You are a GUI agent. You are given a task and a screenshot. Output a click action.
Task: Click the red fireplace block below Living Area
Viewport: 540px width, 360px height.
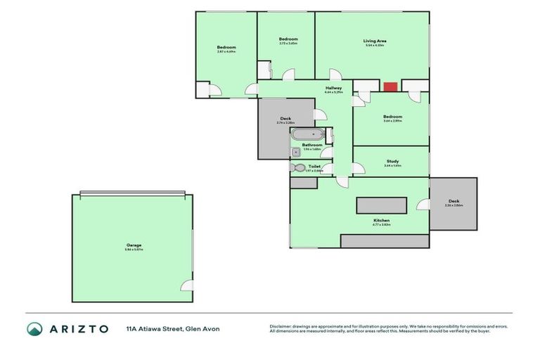(390, 86)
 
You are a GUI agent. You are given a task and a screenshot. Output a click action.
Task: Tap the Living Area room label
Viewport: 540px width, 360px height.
(375, 41)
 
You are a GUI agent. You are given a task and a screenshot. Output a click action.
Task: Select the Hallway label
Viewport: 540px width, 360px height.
(333, 88)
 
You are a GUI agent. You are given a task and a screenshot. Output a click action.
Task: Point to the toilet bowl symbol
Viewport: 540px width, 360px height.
(299, 168)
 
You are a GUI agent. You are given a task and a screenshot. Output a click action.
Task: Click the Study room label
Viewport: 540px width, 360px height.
(392, 162)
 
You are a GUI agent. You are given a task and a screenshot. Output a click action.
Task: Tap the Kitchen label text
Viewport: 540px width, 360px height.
(381, 221)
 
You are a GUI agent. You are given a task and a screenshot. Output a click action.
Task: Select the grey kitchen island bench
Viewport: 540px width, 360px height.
(381, 205)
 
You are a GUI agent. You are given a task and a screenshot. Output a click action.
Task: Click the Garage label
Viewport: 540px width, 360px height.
(133, 245)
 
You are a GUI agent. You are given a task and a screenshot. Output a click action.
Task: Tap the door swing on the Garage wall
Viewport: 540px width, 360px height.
(187, 285)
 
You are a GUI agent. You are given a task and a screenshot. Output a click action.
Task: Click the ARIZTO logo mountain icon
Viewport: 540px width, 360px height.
(34, 329)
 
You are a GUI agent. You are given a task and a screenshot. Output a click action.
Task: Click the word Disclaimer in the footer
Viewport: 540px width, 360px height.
(281, 326)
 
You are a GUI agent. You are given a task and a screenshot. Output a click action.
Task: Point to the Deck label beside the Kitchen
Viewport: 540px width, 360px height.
(454, 201)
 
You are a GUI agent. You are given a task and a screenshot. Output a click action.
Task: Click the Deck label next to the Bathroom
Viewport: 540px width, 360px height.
(285, 118)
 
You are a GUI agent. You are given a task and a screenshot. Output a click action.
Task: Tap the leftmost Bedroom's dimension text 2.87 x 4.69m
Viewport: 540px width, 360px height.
(226, 51)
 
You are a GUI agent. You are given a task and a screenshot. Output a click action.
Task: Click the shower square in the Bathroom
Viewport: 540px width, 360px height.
(295, 152)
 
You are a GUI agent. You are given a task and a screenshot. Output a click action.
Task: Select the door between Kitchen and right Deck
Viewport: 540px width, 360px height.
(424, 205)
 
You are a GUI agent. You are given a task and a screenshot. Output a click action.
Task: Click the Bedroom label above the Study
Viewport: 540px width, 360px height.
(392, 116)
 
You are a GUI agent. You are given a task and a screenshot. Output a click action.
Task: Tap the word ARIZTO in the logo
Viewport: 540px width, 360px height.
(78, 329)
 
